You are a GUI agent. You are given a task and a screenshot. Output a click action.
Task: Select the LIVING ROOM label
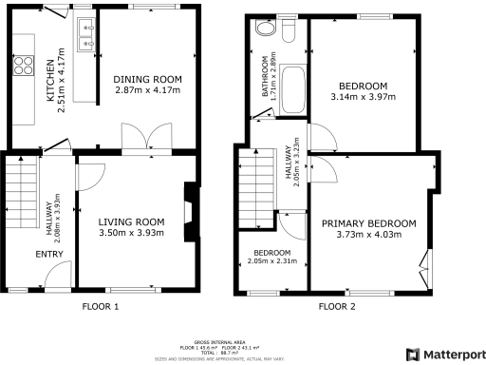click(x=131, y=222)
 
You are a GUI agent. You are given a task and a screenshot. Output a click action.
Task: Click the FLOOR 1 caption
click(x=101, y=306)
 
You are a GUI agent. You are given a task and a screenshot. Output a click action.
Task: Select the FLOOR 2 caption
click(x=337, y=306)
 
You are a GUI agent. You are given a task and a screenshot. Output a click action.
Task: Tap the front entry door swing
click(x=56, y=277)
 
